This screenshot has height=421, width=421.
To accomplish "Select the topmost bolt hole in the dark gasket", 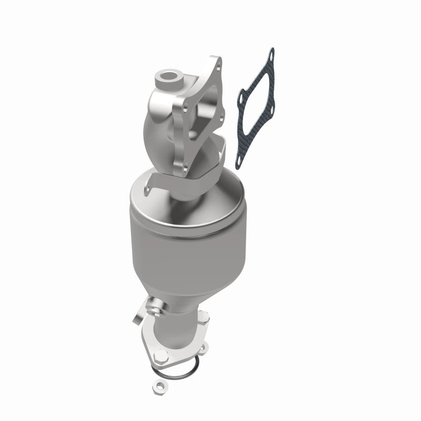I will (271, 53).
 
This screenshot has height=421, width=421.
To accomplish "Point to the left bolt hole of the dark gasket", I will (242, 98).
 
